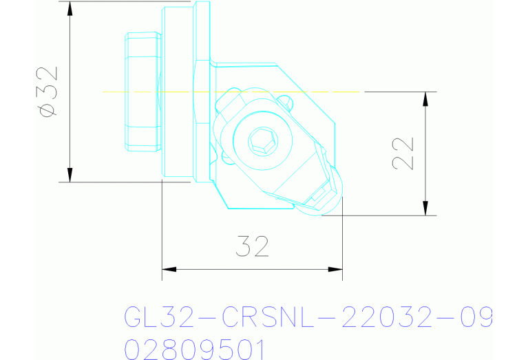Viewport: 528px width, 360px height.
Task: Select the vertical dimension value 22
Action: pos(403,153)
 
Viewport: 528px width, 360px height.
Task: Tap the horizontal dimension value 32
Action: pos(251,246)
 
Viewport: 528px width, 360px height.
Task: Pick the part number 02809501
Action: pos(194,348)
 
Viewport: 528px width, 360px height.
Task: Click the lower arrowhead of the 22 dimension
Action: pos(426,209)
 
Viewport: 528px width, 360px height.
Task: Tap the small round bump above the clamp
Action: pos(288,104)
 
